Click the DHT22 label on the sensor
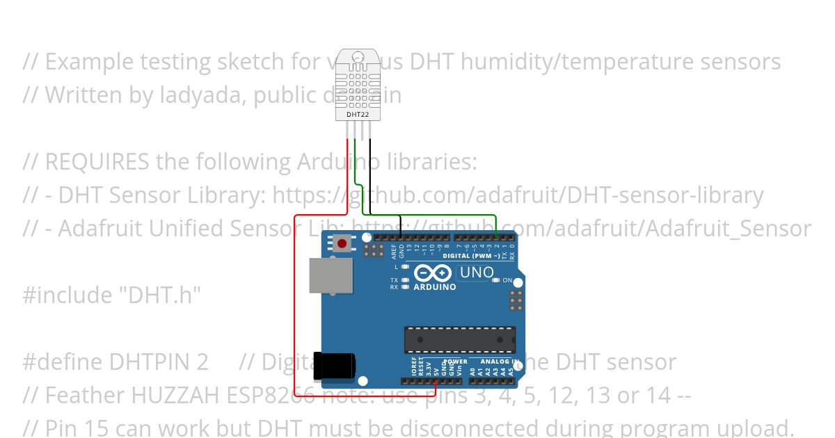coord(358,113)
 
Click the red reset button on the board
coord(342,243)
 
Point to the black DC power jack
coord(335,366)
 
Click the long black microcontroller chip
coord(460,339)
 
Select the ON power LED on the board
coord(496,280)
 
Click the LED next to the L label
coord(406,266)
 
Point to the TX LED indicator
coord(406,280)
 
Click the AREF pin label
coord(394,251)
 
